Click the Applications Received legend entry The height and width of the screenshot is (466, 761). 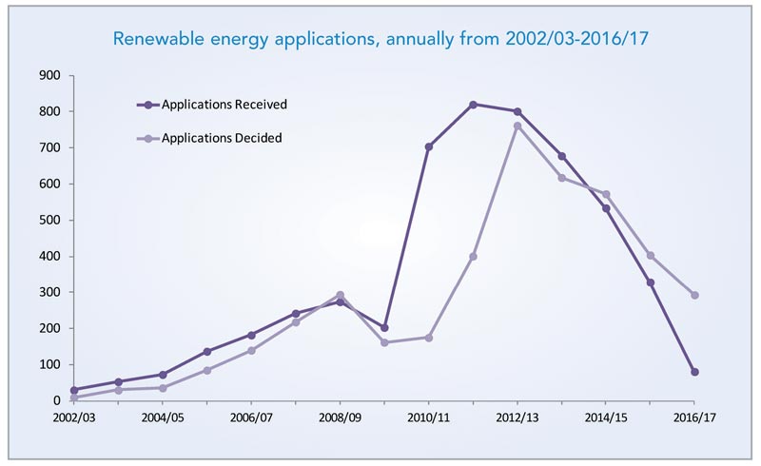tap(224, 104)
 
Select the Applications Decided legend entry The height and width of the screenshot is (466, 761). tap(222, 138)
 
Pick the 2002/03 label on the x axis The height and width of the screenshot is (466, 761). tap(74, 417)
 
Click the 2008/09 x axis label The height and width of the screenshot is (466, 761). tap(340, 417)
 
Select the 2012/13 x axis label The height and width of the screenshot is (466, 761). tap(517, 417)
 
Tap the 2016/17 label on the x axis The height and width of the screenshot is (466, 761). tap(693, 417)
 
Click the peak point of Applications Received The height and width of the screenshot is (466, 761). tap(473, 104)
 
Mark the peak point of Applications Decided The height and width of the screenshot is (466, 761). tap(517, 126)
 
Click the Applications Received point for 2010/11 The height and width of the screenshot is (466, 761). tap(428, 146)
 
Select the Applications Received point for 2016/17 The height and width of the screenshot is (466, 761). tap(694, 372)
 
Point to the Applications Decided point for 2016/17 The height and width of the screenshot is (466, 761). tap(694, 295)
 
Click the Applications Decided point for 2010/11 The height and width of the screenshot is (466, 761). tap(428, 338)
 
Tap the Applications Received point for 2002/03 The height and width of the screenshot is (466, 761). tap(74, 390)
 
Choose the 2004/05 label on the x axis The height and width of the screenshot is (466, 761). tap(163, 417)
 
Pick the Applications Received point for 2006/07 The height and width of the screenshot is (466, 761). tap(251, 335)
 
